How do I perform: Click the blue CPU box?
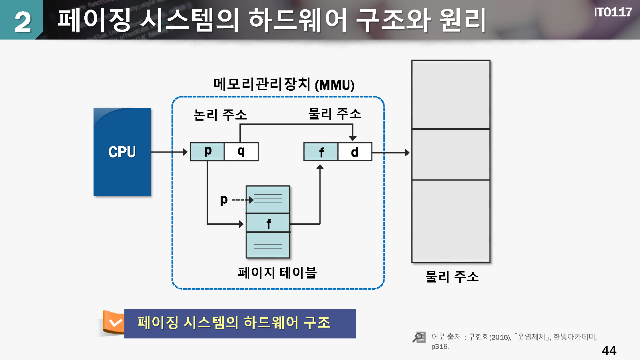122,152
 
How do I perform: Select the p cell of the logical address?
207,151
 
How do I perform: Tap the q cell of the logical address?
241,151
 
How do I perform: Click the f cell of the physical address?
321,152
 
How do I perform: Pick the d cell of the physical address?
355,152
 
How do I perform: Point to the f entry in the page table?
268,223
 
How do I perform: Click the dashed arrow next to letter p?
242,200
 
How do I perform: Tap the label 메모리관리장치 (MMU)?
283,84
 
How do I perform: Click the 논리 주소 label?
220,115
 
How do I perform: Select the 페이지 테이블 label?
277,272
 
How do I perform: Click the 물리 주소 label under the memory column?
452,276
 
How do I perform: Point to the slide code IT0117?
612,12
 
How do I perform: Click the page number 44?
609,350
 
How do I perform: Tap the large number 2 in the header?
22,22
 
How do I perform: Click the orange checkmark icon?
115,322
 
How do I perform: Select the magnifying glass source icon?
419,338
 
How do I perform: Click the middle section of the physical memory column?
451,154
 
